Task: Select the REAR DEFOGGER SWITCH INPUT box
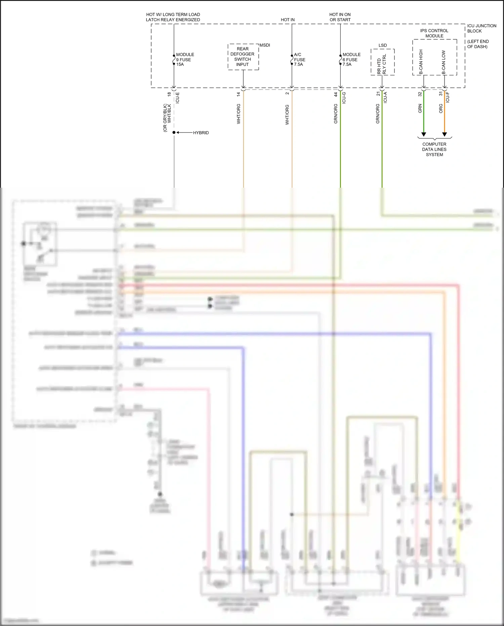pos(243,57)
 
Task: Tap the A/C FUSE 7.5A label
pos(299,60)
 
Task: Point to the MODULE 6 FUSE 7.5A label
pos(351,60)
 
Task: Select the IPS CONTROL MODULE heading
pos(434,33)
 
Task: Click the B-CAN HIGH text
pos(421,62)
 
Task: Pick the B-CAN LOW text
pos(444,62)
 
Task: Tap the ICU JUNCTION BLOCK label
pos(481,28)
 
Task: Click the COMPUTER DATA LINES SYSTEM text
pos(434,149)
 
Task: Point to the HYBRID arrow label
pos(201,133)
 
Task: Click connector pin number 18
pos(169,95)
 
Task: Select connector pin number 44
pos(336,95)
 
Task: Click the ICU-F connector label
pos(448,97)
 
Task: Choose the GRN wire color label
pos(420,108)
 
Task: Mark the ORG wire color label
pos(441,108)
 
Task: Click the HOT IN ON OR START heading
pos(340,17)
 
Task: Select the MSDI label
pos(264,45)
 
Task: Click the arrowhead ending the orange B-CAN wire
pos(445,135)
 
